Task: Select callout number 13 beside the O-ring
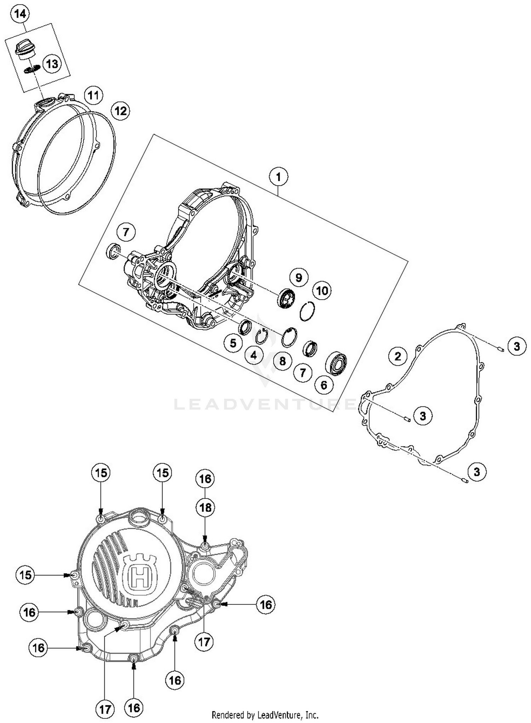coord(52,64)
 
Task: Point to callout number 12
coord(120,111)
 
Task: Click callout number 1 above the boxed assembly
coord(278,177)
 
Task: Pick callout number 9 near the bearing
coord(298,277)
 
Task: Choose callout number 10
coord(321,291)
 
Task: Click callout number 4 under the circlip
coord(253,355)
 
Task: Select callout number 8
coord(282,361)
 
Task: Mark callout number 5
coord(233,343)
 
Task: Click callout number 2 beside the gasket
coord(398,356)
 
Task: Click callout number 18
coord(205,507)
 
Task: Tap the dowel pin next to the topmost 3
coord(500,349)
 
